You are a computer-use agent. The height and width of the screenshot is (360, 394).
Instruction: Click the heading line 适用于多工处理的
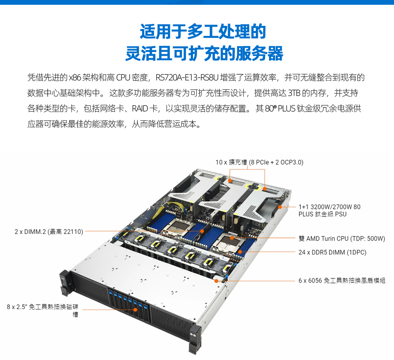203,32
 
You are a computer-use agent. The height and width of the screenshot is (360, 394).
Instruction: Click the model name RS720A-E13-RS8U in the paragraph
187,78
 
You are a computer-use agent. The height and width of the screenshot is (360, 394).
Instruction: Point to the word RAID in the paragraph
140,109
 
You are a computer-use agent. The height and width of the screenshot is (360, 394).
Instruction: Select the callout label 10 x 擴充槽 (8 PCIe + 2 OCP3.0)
259,162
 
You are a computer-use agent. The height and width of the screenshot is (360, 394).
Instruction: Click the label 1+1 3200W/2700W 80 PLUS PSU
330,210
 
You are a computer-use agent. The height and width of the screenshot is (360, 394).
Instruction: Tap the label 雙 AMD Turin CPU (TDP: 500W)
342,238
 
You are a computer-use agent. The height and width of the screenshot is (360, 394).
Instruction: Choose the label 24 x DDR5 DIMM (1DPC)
332,252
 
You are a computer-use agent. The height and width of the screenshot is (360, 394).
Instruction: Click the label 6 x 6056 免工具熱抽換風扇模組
342,280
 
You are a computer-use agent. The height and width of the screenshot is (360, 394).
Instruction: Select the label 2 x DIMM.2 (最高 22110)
49,232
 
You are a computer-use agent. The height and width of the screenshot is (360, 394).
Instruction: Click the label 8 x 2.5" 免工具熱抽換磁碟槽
43,310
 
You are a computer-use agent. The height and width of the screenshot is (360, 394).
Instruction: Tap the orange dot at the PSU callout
280,207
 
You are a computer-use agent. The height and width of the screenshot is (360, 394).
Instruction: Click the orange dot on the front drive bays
135,309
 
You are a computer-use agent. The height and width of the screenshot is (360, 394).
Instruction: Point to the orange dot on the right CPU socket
232,237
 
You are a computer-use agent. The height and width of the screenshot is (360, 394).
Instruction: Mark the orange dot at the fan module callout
217,281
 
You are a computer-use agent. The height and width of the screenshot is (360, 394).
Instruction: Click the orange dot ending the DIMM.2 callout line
202,231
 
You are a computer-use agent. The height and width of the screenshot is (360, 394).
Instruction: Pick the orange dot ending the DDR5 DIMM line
240,252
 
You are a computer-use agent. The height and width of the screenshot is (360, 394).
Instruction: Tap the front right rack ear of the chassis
195,338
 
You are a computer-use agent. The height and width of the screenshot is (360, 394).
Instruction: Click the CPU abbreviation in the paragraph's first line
123,78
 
